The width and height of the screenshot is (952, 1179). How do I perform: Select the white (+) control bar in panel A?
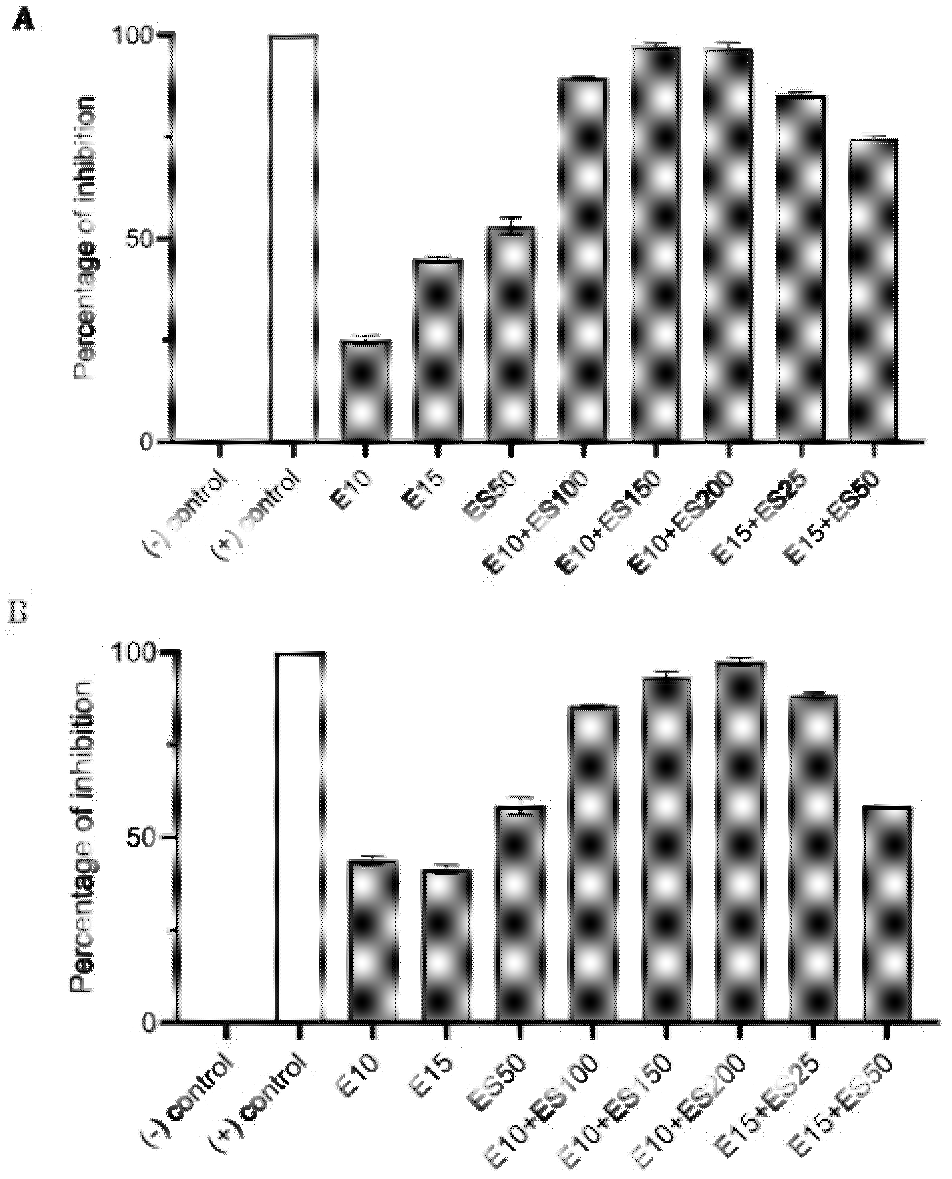[293, 239]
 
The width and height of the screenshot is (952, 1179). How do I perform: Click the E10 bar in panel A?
[365, 391]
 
